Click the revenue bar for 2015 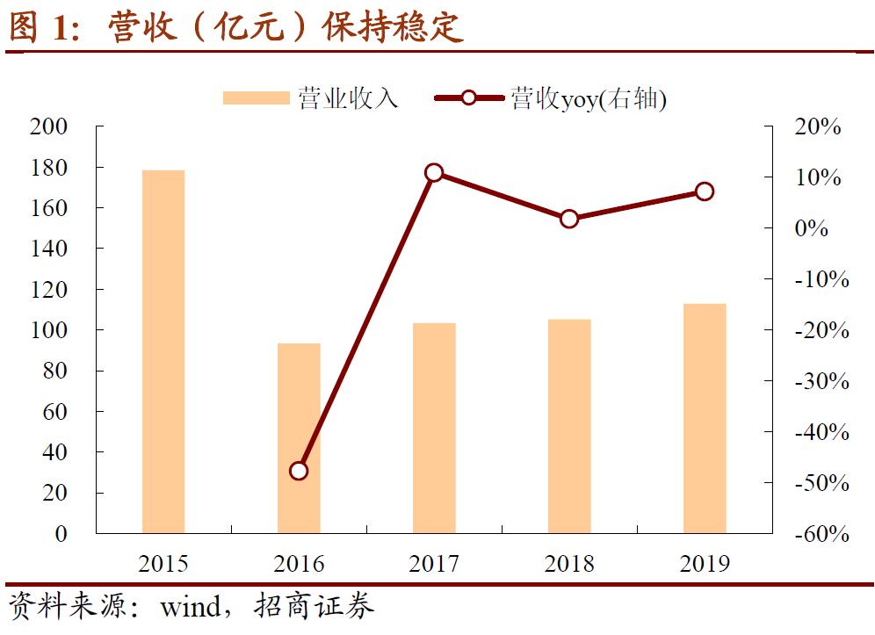[x=163, y=351]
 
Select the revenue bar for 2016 [x=299, y=438]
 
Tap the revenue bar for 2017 [x=434, y=428]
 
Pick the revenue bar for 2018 [x=569, y=426]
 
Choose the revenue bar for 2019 [x=705, y=418]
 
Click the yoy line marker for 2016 [x=299, y=471]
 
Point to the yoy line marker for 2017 [x=434, y=173]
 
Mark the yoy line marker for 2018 [x=569, y=219]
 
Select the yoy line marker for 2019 [x=705, y=191]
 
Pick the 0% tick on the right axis [x=812, y=228]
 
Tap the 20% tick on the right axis [x=817, y=126]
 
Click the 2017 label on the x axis [x=434, y=564]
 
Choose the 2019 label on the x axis [x=705, y=564]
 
